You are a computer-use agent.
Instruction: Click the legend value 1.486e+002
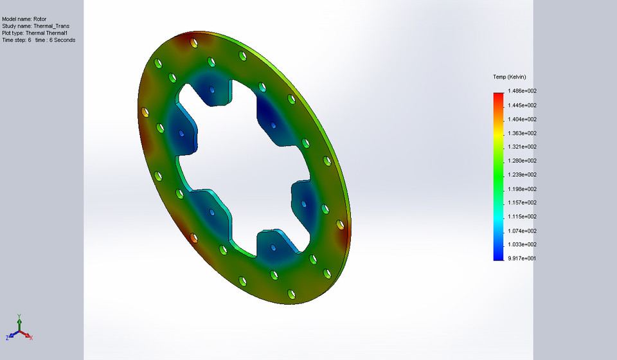click(x=522, y=91)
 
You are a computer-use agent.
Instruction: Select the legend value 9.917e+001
click(x=522, y=258)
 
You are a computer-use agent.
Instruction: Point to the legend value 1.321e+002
click(x=522, y=147)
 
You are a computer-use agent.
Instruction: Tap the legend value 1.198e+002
click(x=522, y=189)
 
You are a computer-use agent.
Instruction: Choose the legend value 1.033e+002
click(x=522, y=244)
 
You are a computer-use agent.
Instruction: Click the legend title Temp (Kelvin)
click(x=510, y=77)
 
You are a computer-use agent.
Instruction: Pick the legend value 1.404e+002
click(x=522, y=119)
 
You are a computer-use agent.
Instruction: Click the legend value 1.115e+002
click(x=522, y=217)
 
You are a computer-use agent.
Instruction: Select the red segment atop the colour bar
click(x=498, y=96)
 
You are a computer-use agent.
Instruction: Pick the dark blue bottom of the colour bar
click(x=498, y=256)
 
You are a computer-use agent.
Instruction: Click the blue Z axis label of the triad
click(x=7, y=337)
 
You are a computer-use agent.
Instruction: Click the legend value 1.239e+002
click(x=522, y=175)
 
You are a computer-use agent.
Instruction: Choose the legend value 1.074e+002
click(x=522, y=231)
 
